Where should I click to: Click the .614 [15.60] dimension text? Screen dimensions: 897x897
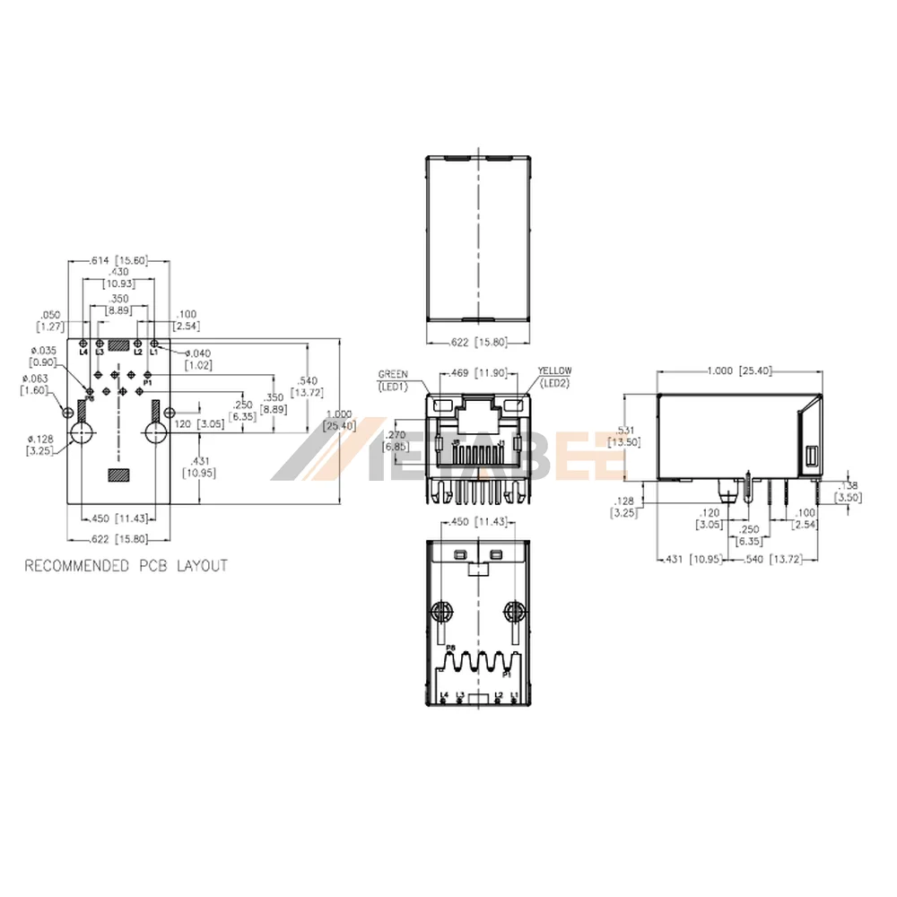(119, 260)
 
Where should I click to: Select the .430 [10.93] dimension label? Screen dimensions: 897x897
(118, 276)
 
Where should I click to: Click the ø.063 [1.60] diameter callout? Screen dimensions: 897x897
(37, 385)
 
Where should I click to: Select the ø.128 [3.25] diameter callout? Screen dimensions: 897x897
(39, 443)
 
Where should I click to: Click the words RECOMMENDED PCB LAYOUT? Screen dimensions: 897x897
(126, 566)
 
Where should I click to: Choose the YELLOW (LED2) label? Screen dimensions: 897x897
(554, 377)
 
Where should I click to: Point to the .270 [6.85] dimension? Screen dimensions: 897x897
(396, 440)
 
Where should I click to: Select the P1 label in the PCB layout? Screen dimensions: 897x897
(148, 383)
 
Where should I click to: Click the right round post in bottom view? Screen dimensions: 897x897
(514, 614)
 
